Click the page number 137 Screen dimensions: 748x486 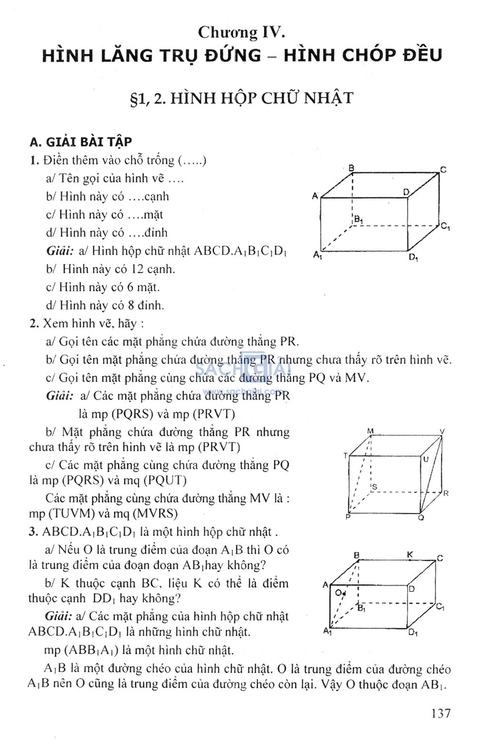click(441, 713)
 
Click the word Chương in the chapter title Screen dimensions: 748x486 click(227, 32)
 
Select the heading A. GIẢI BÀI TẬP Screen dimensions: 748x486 click(81, 141)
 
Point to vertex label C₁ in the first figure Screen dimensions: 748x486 click(445, 226)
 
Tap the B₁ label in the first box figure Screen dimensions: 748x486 click(358, 219)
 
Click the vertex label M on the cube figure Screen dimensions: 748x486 click(370, 431)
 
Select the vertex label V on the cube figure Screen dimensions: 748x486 click(442, 431)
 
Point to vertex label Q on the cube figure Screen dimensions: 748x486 click(421, 517)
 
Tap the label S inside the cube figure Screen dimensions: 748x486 click(374, 486)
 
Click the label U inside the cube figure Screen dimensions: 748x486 click(426, 459)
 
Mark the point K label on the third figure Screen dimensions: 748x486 click(410, 554)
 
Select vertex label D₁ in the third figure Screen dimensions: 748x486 click(413, 632)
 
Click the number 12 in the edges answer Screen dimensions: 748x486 click(137, 269)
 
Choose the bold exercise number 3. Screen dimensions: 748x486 click(33, 532)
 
